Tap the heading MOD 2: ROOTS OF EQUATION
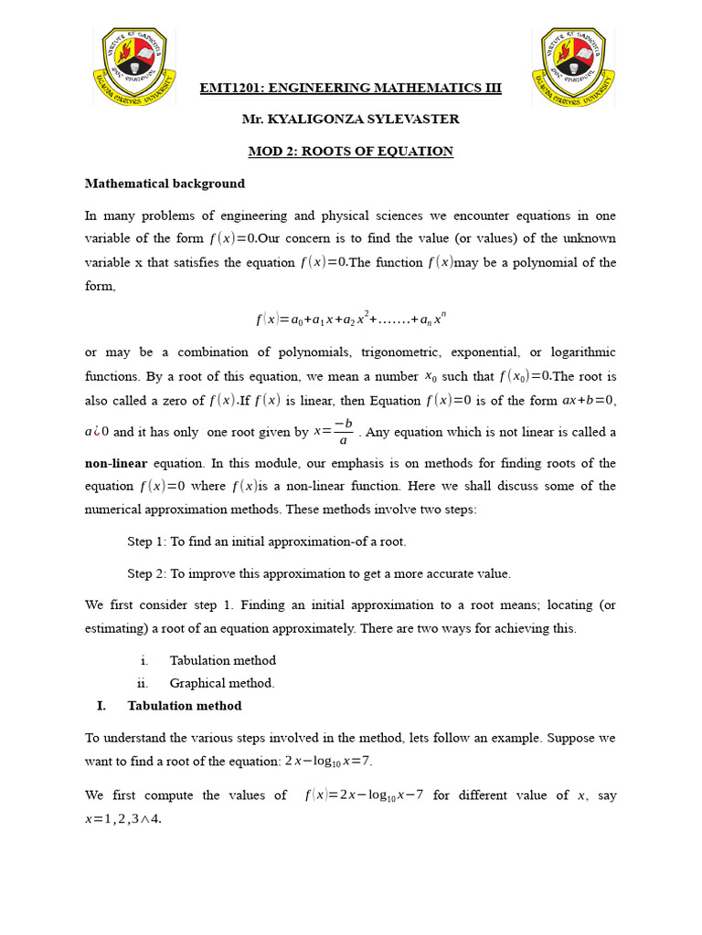(x=351, y=152)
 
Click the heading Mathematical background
(x=165, y=184)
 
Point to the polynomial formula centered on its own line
(x=351, y=320)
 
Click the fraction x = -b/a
(x=334, y=432)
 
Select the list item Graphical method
(x=222, y=682)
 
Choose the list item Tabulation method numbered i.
(x=222, y=660)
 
